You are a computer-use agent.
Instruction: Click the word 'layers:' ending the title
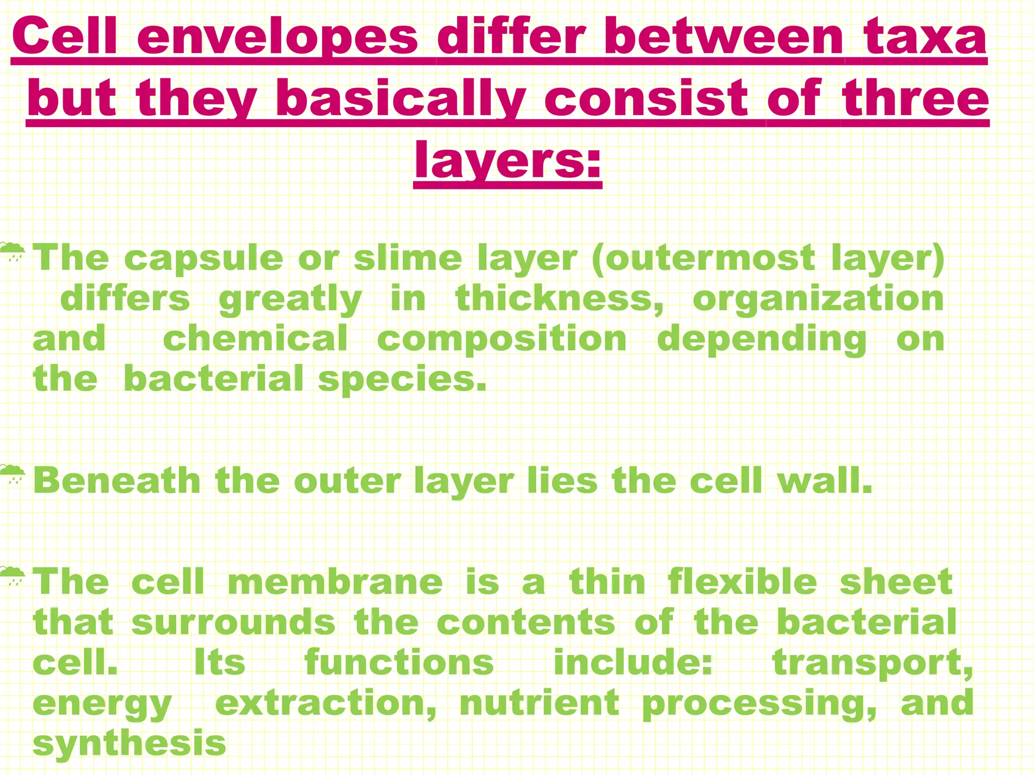(507, 160)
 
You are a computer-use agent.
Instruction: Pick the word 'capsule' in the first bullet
(203, 258)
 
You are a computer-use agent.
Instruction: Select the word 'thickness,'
(560, 299)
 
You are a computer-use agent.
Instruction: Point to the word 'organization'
(818, 299)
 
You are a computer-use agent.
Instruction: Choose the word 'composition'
(502, 339)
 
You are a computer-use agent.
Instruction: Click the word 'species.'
(402, 379)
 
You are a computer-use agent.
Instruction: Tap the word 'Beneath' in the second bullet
(117, 480)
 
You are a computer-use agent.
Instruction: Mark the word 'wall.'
(825, 480)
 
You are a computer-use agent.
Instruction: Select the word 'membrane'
(335, 582)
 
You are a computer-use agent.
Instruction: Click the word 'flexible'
(742, 582)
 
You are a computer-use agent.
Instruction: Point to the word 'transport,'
(873, 662)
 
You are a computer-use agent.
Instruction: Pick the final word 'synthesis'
(130, 743)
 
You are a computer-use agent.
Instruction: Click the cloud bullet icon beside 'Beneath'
(12, 474)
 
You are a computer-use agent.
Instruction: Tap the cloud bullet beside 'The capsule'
(12, 251)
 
